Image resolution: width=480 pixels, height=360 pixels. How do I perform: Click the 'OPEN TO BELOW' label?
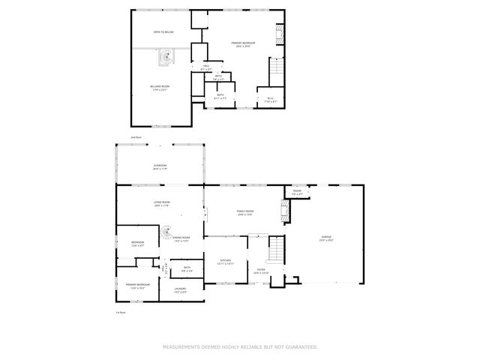[x=163, y=32]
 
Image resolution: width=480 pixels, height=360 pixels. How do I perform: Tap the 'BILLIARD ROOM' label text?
[x=160, y=86]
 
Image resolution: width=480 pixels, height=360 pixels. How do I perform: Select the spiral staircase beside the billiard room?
[x=164, y=57]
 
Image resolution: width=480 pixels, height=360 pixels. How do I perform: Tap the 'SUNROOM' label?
[x=160, y=165]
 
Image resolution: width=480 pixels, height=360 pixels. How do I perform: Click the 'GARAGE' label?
[x=326, y=237]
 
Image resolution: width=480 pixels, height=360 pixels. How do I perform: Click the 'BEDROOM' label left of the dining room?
[x=138, y=242]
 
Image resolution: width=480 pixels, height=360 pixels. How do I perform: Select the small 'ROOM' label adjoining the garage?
[x=298, y=191]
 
